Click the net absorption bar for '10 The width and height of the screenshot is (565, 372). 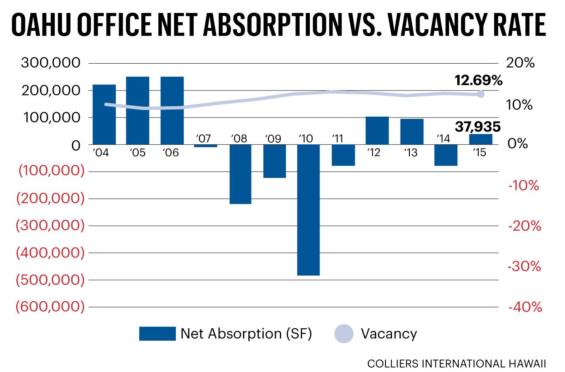point(309,210)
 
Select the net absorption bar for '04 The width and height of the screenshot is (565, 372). point(104,114)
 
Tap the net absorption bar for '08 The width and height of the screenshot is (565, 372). point(240,174)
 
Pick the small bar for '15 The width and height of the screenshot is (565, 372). point(481,139)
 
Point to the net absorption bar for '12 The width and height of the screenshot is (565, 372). point(377,130)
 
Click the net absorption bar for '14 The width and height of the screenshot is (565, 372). point(446,155)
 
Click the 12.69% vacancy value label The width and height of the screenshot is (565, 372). point(478,80)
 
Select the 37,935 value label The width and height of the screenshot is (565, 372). point(478,127)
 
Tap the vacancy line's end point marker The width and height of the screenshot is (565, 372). point(480,94)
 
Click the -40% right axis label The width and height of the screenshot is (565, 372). point(524,307)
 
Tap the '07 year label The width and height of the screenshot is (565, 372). point(203,139)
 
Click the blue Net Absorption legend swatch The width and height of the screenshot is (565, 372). point(157,334)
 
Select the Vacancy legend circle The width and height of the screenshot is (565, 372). point(344,334)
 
